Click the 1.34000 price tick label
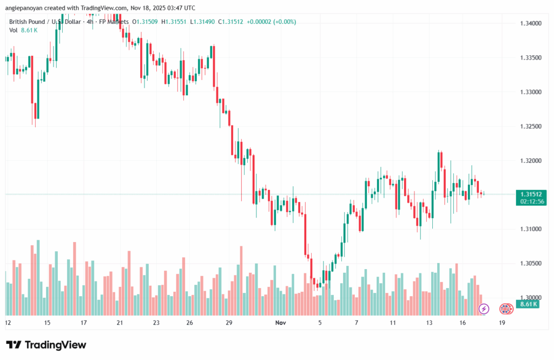tap(531, 23)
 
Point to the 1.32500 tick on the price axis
tap(531, 126)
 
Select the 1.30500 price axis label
tap(531, 263)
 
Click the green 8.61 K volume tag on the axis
tap(528, 304)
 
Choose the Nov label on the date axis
tap(280, 323)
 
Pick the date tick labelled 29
tap(229, 323)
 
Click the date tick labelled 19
tap(502, 323)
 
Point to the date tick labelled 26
tap(189, 323)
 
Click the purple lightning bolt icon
tap(484, 309)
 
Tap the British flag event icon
tap(506, 309)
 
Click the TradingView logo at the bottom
tap(46, 345)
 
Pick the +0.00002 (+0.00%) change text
tap(271, 22)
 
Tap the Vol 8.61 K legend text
tap(23, 30)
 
